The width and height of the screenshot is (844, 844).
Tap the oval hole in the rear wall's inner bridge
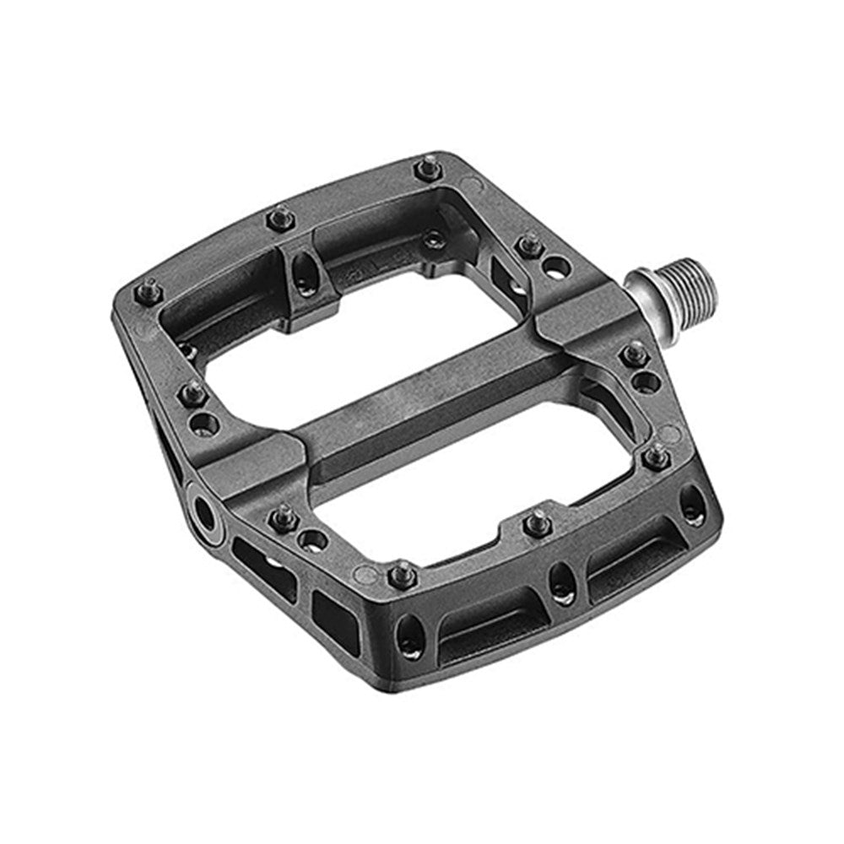(301, 271)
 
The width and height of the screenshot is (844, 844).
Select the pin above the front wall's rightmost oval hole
(656, 457)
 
